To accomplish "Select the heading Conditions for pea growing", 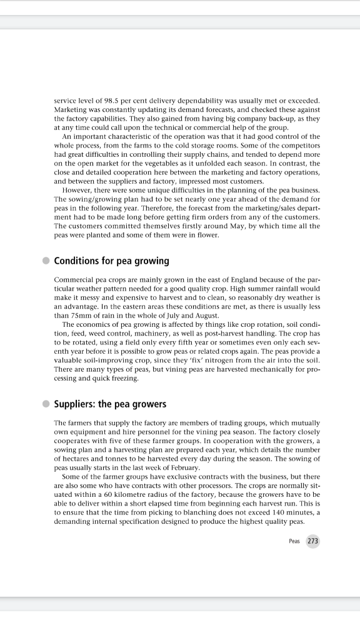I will [111, 260].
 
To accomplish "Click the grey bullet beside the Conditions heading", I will [46, 261].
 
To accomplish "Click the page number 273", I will [312, 541].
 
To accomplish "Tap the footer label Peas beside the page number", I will [294, 541].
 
